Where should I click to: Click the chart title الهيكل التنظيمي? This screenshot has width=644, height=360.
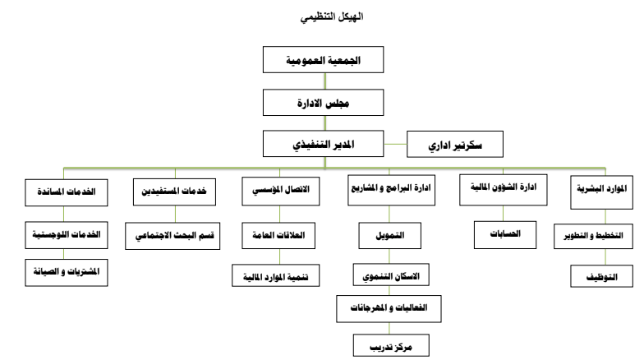pos(332,16)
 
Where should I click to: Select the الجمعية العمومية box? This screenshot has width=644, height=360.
pos(324,59)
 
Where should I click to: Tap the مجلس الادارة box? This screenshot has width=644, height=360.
pos(324,102)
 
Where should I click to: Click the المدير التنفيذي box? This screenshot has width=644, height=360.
pos(324,144)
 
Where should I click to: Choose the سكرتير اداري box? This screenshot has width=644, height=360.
pos(455,145)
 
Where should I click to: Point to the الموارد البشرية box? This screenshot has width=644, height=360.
pos(601,192)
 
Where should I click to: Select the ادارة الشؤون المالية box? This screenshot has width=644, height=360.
pos(503,190)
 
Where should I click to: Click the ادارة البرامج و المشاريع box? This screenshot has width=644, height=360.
pos(391,191)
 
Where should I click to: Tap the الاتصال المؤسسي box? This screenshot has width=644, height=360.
pos(281,191)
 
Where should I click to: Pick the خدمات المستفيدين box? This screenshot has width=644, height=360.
pos(174,192)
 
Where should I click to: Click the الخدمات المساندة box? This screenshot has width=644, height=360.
pos(66,192)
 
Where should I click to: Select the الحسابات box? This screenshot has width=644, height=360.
pos(505,235)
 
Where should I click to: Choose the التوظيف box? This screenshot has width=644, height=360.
pos(601,276)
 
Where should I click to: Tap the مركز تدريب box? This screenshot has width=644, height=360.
pos(391,345)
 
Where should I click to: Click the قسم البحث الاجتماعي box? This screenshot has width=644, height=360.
pos(172,236)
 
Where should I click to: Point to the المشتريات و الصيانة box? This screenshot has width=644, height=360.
pos(66,273)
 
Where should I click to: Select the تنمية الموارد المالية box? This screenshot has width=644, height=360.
pos(276,275)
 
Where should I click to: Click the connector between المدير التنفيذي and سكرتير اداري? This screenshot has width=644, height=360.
pos(395,145)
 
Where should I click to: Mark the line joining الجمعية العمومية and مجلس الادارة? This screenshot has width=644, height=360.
pos(325,81)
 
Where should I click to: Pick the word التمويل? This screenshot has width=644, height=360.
pos(389,235)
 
